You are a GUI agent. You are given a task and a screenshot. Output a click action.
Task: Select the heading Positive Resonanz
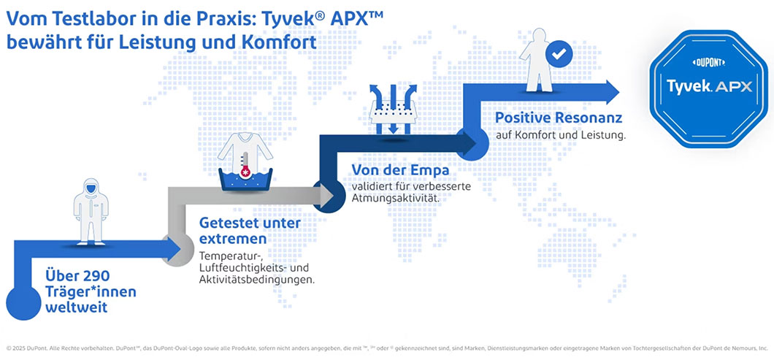point(559,118)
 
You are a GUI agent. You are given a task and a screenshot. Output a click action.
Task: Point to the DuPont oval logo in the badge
point(709,62)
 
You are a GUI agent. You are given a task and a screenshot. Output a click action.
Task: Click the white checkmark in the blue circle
point(559,54)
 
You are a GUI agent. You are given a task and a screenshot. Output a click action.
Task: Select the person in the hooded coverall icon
point(91,211)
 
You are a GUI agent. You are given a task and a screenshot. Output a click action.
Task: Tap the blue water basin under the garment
point(245,181)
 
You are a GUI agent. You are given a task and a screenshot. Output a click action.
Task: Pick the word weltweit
point(76,307)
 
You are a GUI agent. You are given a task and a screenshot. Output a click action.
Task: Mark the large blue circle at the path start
point(23,302)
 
